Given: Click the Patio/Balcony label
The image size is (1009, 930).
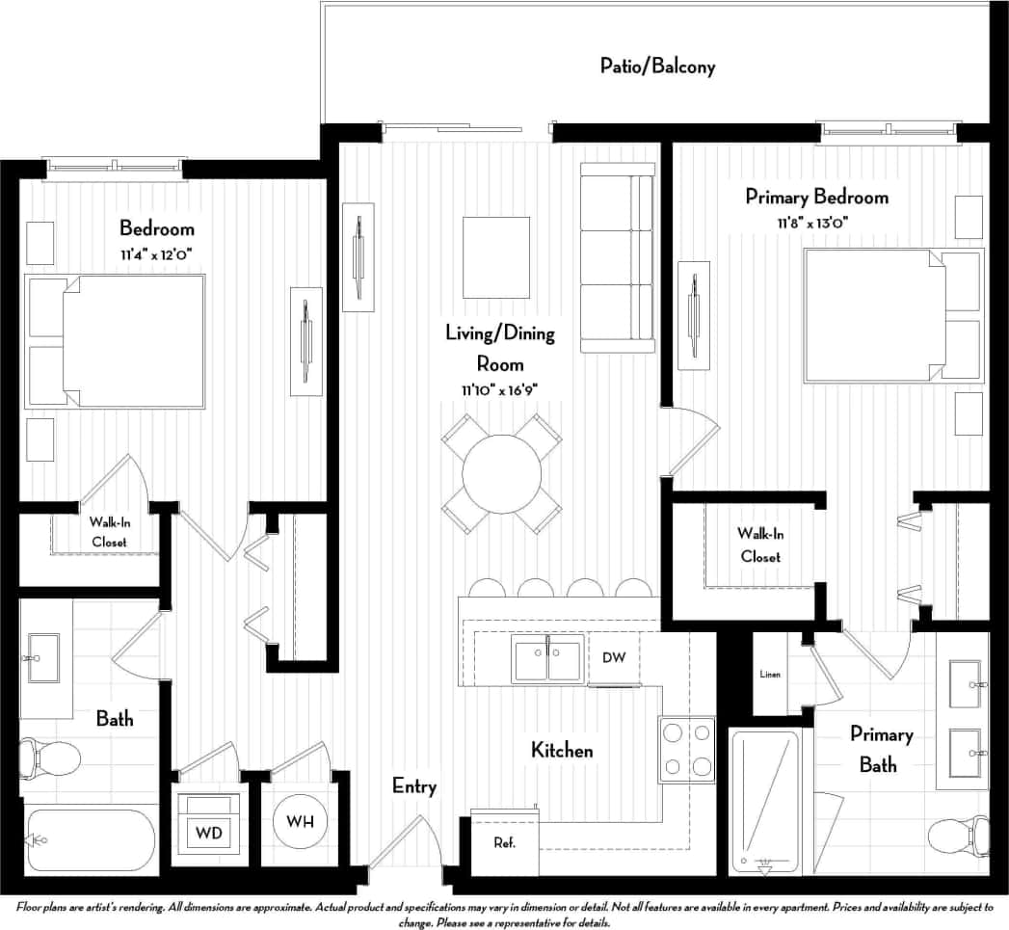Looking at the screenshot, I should (x=657, y=66).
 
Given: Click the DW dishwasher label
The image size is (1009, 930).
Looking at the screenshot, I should (x=614, y=657).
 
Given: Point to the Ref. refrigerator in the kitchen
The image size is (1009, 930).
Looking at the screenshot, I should (x=504, y=842).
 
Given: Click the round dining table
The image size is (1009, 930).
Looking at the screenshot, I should (x=501, y=473).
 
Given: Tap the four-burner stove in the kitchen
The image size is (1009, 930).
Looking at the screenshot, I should (x=686, y=750).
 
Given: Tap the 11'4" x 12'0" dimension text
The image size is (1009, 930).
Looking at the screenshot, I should (x=156, y=253).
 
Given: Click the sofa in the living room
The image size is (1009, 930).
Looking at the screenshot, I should (x=617, y=257).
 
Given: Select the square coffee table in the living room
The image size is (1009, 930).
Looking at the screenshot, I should (x=496, y=257).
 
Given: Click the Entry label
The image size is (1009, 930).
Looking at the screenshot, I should (x=414, y=786).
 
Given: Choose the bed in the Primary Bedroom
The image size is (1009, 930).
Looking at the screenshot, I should (x=892, y=315).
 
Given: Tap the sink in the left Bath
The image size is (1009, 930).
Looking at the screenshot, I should (x=43, y=657).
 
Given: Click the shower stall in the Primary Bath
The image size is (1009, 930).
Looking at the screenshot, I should (x=764, y=800).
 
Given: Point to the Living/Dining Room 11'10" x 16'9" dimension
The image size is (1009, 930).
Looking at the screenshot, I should (x=499, y=389).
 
